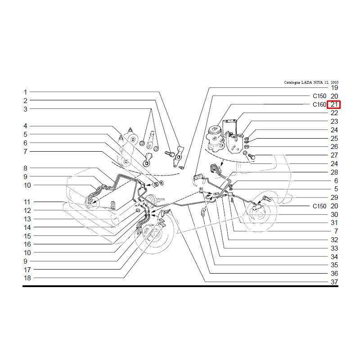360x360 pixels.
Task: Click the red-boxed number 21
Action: click(334, 105)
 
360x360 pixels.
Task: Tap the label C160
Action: click(319, 105)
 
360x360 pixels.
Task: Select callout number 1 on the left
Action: click(25, 92)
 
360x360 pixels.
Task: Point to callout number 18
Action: click(27, 278)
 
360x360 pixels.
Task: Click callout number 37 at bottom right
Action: click(334, 282)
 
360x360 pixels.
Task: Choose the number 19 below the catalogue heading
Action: click(334, 88)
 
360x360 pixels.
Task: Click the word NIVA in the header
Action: click(318, 82)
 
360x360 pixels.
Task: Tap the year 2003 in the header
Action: click(334, 82)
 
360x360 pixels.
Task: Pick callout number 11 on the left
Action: click(27, 202)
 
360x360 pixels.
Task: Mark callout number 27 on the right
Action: click(334, 155)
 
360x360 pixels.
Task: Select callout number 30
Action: click(334, 215)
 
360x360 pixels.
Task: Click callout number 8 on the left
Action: click(25, 168)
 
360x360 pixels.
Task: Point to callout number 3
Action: click(25, 109)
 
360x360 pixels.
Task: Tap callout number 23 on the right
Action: click(334, 121)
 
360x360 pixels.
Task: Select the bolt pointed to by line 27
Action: click(252, 157)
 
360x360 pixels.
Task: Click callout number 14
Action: click(27, 228)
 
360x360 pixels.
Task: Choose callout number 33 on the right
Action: click(334, 248)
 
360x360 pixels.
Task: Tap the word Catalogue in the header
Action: click(292, 82)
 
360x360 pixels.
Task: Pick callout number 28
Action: click(334, 172)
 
